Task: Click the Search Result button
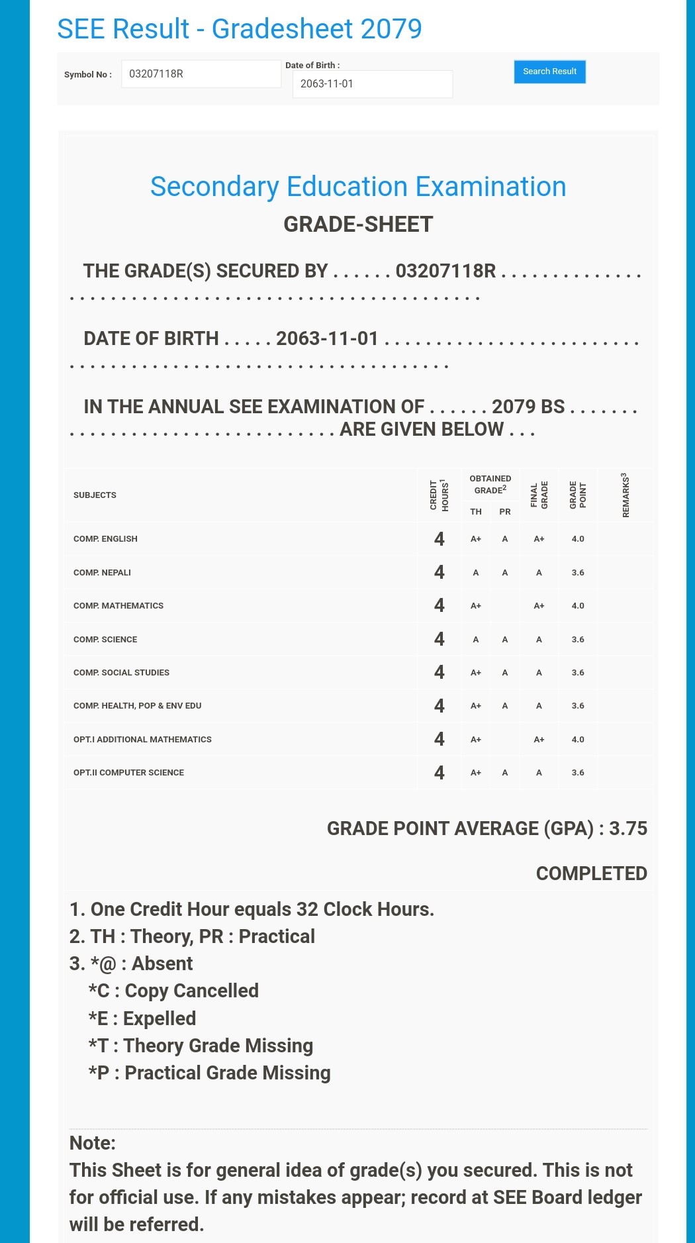(x=549, y=72)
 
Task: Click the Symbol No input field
(x=201, y=74)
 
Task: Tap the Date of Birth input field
(x=372, y=84)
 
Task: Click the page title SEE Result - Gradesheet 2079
(x=239, y=29)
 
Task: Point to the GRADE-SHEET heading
(x=358, y=224)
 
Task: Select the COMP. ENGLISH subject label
(x=105, y=539)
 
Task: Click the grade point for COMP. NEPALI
(x=578, y=573)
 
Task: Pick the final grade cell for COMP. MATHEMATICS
(x=539, y=606)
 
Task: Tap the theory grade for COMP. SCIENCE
(x=475, y=640)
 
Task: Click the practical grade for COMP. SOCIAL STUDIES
(x=505, y=673)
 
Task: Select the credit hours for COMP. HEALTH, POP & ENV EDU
(x=439, y=706)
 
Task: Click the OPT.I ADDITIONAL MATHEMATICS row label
(x=142, y=740)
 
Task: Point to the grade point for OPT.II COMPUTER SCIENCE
(x=578, y=773)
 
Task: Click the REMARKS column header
(x=625, y=495)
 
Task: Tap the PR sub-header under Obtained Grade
(x=505, y=512)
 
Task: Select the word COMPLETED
(x=591, y=873)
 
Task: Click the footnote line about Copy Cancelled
(x=173, y=991)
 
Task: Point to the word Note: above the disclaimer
(x=93, y=1143)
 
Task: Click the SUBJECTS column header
(x=95, y=495)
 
